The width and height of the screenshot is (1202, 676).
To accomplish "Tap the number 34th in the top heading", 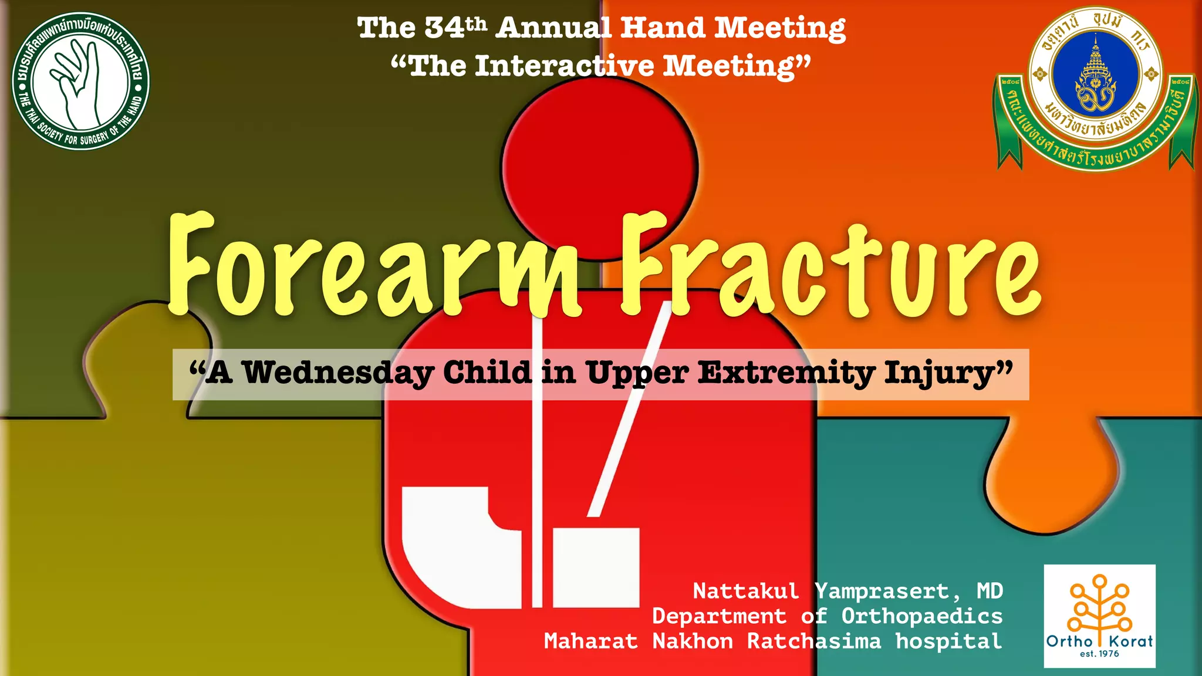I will click(x=455, y=28).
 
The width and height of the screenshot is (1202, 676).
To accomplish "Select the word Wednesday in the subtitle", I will click(x=337, y=374).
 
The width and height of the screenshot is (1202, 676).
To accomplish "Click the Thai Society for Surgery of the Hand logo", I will click(x=80, y=81).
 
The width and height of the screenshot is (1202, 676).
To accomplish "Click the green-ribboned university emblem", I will click(x=1095, y=88).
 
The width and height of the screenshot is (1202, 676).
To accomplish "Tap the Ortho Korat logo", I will click(x=1099, y=616).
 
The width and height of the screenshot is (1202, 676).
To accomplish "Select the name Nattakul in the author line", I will click(x=746, y=591).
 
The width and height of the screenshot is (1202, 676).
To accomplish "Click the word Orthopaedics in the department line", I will click(x=921, y=616).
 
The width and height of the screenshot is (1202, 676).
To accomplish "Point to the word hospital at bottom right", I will click(x=948, y=641).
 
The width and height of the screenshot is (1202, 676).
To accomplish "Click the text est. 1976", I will click(x=1099, y=654).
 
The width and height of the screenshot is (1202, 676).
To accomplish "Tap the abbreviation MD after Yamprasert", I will click(x=990, y=591).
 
